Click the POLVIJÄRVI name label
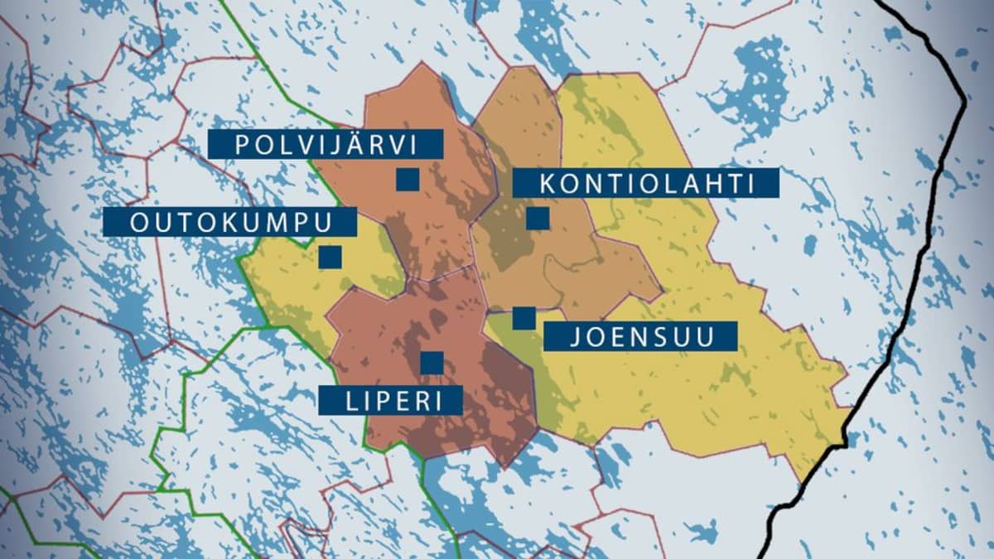[x=326, y=143]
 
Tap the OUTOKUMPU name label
[x=231, y=222]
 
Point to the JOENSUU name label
[x=641, y=336]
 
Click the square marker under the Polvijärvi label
[x=407, y=180]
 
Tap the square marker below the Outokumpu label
[x=330, y=258]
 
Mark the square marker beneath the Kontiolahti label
[x=538, y=219]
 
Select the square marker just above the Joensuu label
[x=524, y=318]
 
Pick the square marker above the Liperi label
[x=432, y=363]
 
